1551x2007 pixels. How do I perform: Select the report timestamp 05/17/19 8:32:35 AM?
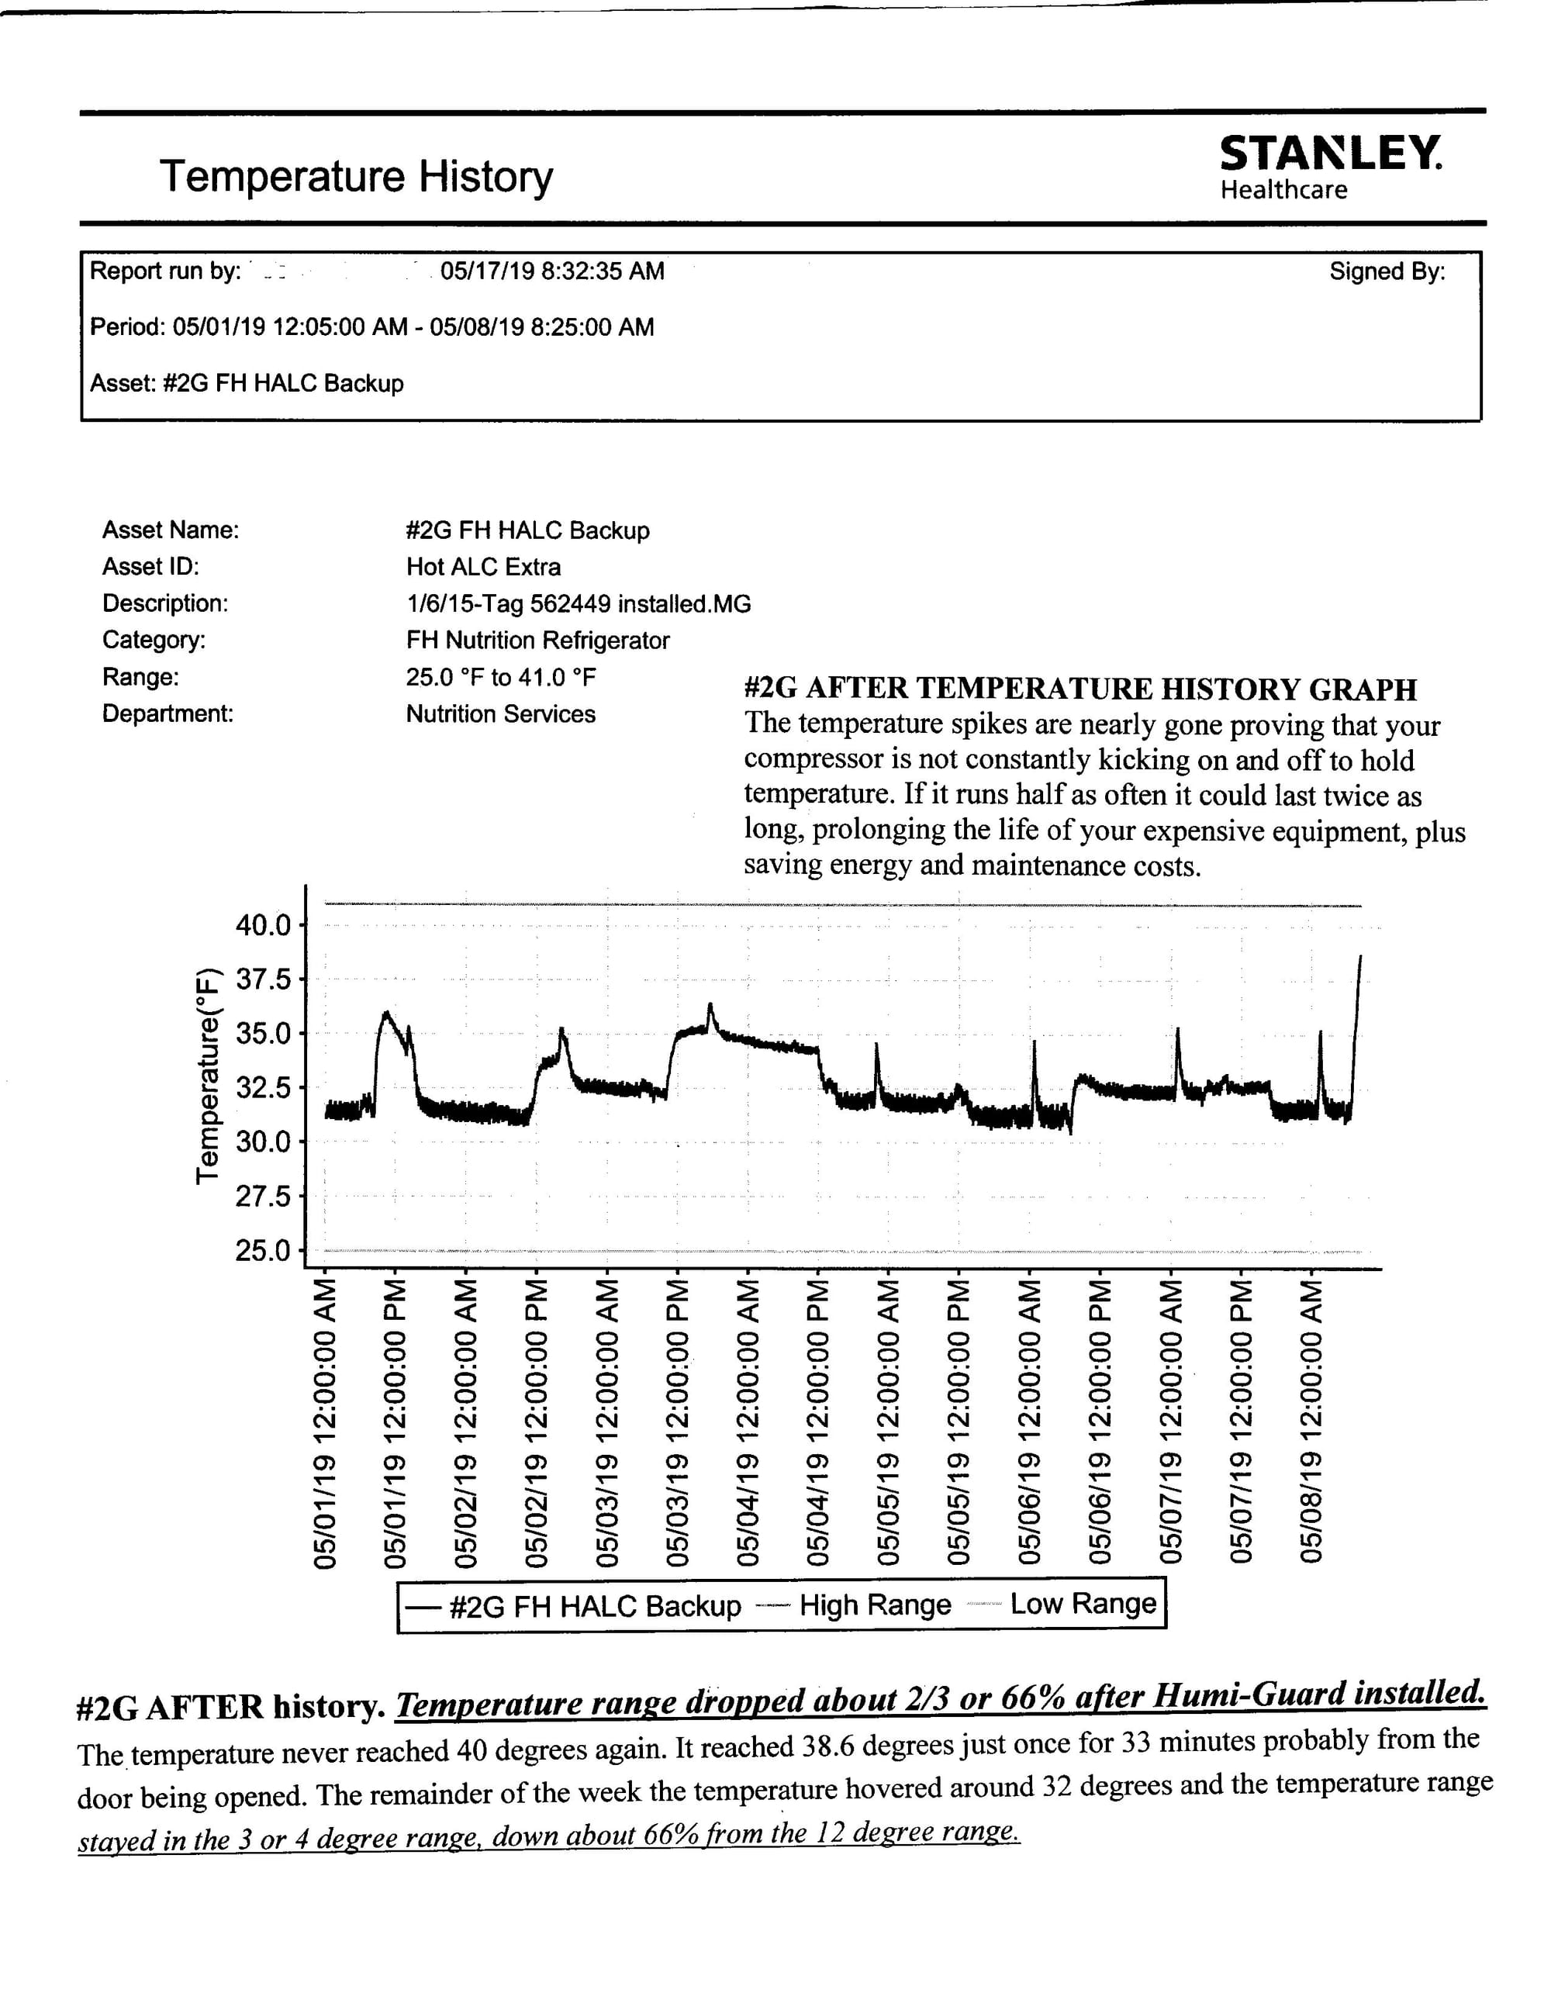click(552, 271)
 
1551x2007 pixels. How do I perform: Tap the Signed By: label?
click(1387, 271)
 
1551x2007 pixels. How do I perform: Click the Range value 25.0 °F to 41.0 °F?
click(501, 677)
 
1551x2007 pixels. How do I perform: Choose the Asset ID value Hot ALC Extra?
click(483, 567)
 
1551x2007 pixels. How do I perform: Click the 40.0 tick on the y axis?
click(263, 924)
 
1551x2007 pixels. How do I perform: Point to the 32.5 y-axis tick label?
click(263, 1088)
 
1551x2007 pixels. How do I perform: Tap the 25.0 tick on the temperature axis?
click(263, 1251)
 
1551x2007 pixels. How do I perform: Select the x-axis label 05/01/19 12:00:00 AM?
click(324, 1421)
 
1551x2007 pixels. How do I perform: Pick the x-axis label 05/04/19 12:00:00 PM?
click(818, 1421)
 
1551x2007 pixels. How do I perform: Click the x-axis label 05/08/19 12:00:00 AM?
click(1311, 1421)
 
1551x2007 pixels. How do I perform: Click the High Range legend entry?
click(875, 1605)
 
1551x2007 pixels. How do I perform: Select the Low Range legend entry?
click(1083, 1604)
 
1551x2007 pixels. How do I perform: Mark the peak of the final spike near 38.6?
click(1360, 957)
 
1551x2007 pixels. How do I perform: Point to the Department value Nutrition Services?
click(501, 714)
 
